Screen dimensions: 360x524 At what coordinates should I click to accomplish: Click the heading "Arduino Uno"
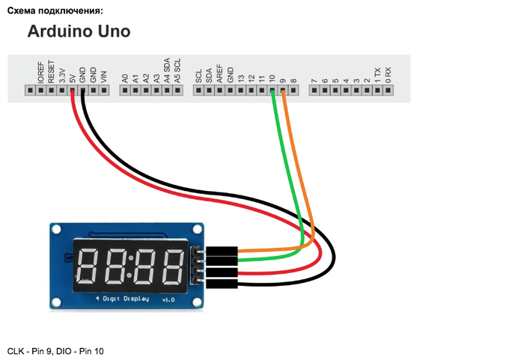pyautogui.click(x=79, y=31)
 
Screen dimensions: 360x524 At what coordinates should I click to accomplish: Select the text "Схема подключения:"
pyautogui.click(x=55, y=10)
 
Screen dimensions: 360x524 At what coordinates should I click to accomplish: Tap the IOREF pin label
pyautogui.click(x=40, y=72)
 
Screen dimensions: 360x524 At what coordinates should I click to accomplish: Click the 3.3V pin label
pyautogui.click(x=61, y=73)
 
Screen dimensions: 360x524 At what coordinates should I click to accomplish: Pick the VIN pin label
pyautogui.click(x=103, y=76)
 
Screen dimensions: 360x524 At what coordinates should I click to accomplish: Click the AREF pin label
pyautogui.click(x=219, y=73)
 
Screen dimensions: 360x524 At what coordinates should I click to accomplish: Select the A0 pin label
pyautogui.click(x=125, y=76)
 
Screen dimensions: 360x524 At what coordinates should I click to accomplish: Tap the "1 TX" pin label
pyautogui.click(x=377, y=75)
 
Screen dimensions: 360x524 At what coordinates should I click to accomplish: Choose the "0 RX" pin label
pyautogui.click(x=388, y=75)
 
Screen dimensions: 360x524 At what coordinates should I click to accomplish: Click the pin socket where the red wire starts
pyautogui.click(x=72, y=91)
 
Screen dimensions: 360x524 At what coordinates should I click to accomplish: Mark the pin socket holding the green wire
pyautogui.click(x=272, y=91)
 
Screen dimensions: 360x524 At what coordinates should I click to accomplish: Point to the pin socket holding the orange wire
pyautogui.click(x=283, y=91)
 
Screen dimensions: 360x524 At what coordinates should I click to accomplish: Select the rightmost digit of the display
pyautogui.click(x=173, y=265)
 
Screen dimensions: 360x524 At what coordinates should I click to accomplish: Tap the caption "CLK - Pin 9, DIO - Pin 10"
pyautogui.click(x=55, y=350)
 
